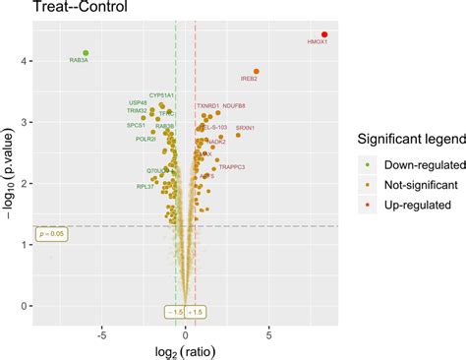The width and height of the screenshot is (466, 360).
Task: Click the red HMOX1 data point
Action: (324, 34)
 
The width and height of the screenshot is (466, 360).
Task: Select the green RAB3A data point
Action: (86, 53)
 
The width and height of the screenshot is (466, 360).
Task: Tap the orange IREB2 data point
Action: (257, 71)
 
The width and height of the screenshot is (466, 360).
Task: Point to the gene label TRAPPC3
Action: (232, 167)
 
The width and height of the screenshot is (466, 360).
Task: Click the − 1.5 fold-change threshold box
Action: (173, 312)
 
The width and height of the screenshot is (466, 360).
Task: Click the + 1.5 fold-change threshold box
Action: (197, 312)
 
